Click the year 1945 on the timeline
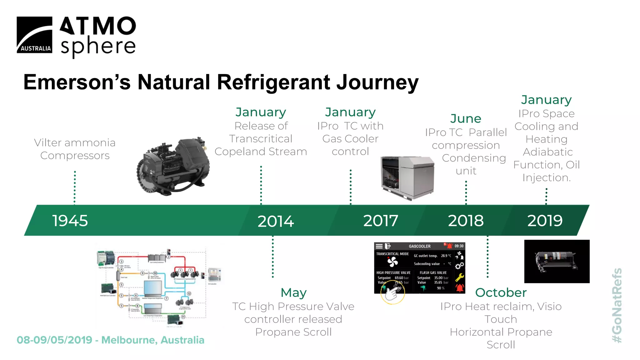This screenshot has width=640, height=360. (x=70, y=221)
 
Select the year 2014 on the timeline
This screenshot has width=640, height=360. (x=275, y=221)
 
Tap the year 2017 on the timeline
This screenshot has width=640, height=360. (x=380, y=221)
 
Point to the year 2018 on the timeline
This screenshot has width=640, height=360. (x=466, y=221)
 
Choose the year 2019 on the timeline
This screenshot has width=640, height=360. (x=545, y=221)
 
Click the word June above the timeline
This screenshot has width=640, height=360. (x=466, y=119)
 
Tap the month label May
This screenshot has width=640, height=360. (x=293, y=293)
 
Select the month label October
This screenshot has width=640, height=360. (x=501, y=293)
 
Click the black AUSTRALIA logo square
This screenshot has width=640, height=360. (x=34, y=35)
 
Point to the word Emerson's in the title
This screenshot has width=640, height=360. (x=77, y=82)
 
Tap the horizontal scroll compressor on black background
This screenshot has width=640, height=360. (x=557, y=261)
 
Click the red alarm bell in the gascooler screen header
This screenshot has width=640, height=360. (x=449, y=246)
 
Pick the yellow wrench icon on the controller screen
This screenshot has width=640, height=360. (x=459, y=277)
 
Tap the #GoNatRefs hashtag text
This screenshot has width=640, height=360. (x=617, y=305)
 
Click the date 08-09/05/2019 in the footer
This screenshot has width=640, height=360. (x=54, y=340)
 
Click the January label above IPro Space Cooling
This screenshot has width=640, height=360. (x=546, y=100)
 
